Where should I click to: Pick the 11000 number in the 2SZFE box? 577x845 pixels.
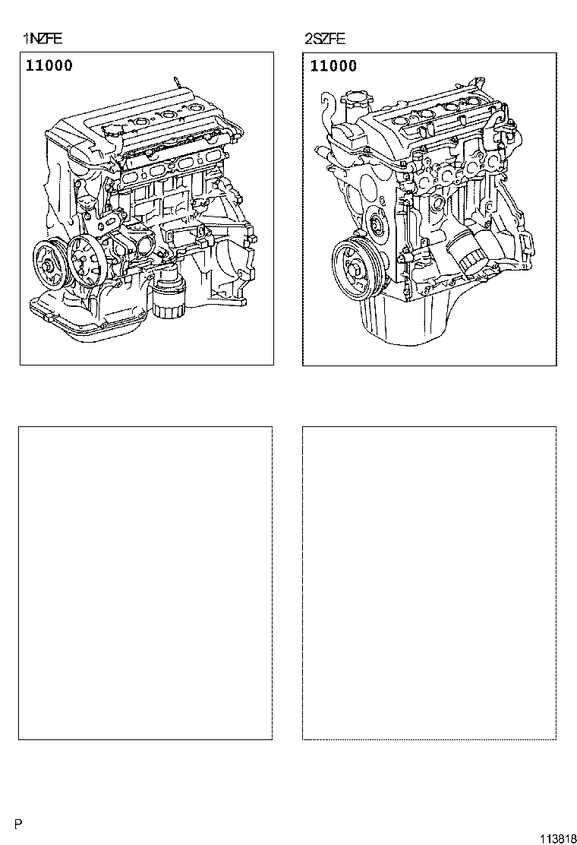coord(333,66)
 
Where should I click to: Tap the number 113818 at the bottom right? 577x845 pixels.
coord(557,837)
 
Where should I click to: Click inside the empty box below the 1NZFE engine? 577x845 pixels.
coord(146,582)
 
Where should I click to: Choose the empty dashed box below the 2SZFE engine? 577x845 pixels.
coord(429,582)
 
